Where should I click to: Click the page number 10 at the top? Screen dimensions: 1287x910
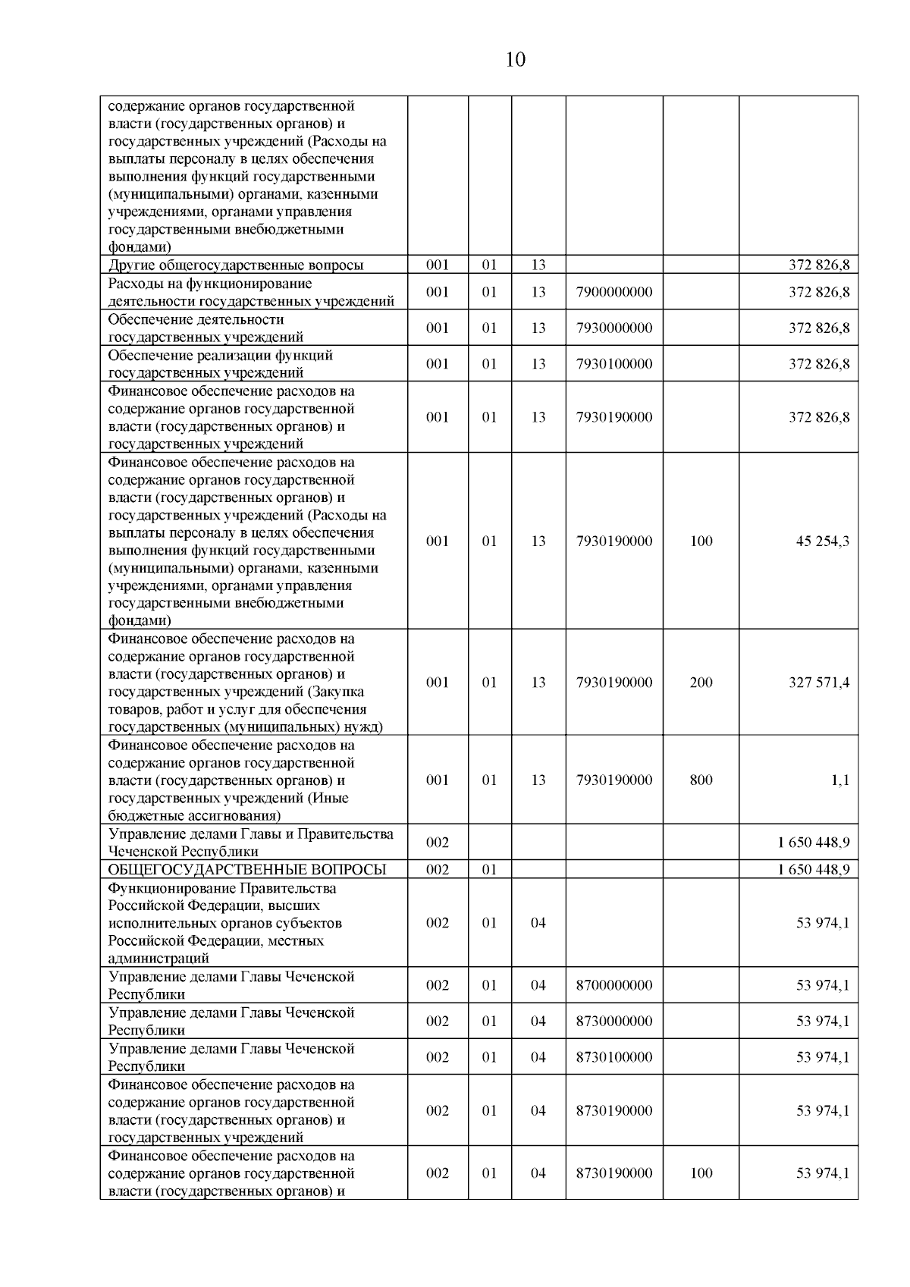(x=515, y=60)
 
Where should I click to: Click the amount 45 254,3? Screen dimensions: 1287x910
(x=822, y=541)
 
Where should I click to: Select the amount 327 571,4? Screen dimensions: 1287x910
(x=819, y=682)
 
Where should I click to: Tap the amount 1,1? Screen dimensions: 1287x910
(x=839, y=780)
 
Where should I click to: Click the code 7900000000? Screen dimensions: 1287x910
(x=614, y=292)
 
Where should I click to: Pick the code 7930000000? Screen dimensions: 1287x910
(x=614, y=328)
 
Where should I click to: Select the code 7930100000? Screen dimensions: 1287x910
(x=614, y=363)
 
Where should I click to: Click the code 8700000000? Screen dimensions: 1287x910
(x=614, y=985)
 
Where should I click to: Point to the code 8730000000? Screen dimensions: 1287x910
(x=614, y=1021)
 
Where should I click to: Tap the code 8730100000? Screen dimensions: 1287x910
(x=614, y=1056)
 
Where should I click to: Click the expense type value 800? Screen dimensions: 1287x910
(x=701, y=780)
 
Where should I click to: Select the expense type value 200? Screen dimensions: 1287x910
(x=701, y=682)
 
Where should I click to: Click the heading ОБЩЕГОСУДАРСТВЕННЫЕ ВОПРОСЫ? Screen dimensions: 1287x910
(x=247, y=869)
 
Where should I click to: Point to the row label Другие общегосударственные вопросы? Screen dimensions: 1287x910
(x=236, y=265)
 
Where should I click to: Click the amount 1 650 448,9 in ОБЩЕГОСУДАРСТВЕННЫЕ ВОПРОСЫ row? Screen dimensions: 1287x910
(x=813, y=869)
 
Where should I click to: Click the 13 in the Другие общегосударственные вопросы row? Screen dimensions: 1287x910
(x=538, y=265)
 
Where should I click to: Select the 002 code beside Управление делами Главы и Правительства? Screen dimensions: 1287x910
(x=438, y=843)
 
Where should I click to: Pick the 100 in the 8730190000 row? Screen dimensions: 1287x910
(x=701, y=1172)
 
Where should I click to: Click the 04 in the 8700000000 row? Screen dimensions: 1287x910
(x=538, y=985)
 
